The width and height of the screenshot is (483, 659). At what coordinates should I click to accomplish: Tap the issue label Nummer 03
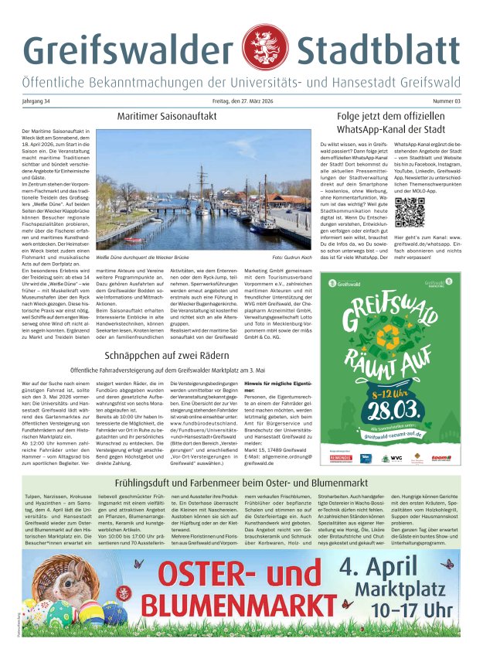coord(447,101)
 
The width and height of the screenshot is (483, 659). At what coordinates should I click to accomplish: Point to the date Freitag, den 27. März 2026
coord(241,101)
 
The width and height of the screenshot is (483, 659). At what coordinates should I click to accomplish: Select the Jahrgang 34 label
coord(36,101)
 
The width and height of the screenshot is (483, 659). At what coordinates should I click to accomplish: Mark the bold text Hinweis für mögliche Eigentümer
coord(277,384)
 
